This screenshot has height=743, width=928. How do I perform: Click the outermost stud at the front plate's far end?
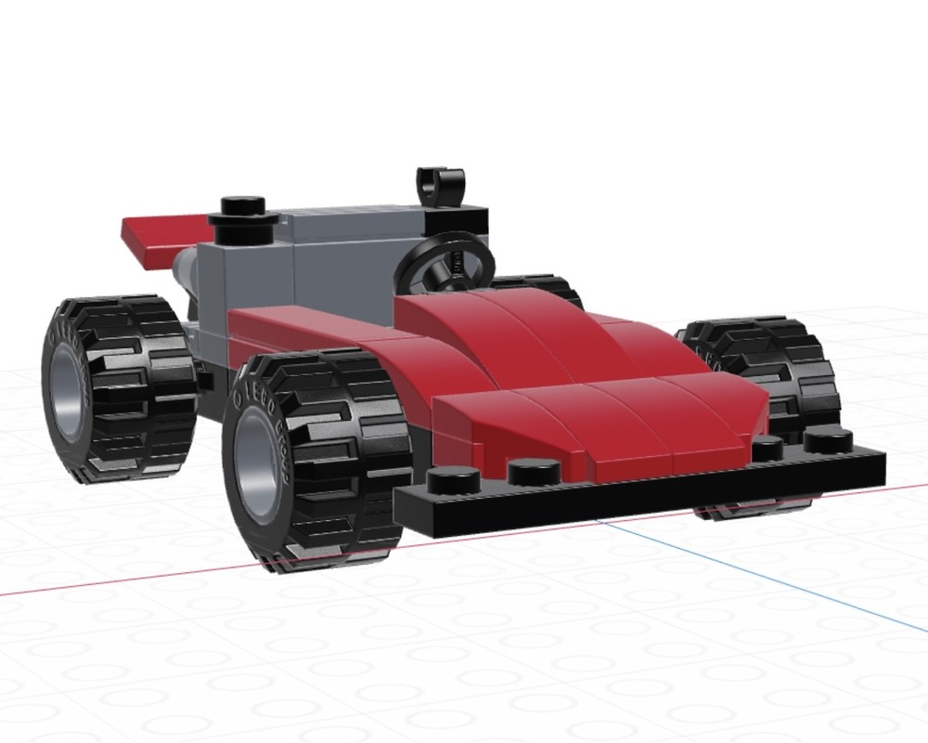[x=828, y=439]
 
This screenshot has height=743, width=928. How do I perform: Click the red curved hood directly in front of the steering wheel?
[x=520, y=334]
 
